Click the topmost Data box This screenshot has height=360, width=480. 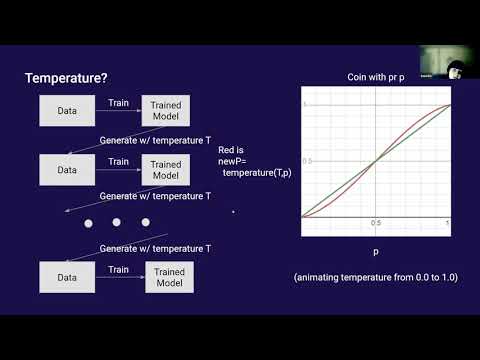point(67,110)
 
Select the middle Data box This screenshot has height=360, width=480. point(67,170)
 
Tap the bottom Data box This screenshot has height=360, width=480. point(67,277)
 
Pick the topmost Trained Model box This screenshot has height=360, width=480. point(167,110)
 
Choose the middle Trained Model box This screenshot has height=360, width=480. point(167,170)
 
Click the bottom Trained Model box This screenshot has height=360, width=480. point(170,277)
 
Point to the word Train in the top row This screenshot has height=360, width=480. point(118,102)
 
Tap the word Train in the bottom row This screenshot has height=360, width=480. point(118,269)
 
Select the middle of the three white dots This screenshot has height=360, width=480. point(116,222)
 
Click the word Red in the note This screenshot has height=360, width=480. point(227,149)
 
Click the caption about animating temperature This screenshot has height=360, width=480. point(375,276)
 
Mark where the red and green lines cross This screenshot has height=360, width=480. point(376,160)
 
